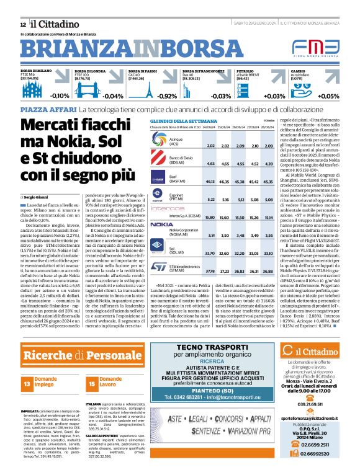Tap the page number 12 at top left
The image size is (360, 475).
pyautogui.click(x=13, y=24)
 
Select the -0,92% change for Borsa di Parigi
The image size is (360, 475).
pyautogui.click(x=167, y=96)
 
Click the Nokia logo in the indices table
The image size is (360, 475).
pyautogui.click(x=145, y=224)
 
